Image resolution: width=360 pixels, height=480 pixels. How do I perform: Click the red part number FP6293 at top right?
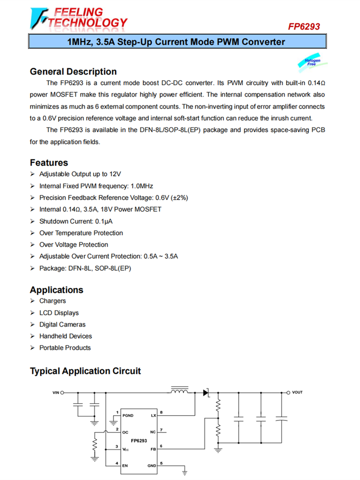[303, 27]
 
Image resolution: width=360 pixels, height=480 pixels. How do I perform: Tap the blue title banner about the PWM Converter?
[176, 42]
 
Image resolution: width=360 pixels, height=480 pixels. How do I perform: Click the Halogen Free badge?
[312, 62]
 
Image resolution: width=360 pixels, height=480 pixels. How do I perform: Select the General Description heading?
[73, 72]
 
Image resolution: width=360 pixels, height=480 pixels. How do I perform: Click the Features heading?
[49, 162]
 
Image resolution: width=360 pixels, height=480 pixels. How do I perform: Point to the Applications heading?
[56, 290]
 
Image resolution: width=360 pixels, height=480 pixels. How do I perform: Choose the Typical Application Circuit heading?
[85, 371]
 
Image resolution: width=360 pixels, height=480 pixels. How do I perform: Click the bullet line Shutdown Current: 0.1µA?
[76, 221]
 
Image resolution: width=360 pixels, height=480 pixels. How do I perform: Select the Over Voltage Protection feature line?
[73, 245]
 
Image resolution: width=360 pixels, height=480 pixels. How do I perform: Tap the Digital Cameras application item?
[62, 324]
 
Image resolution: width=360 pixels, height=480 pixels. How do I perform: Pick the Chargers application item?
[52, 301]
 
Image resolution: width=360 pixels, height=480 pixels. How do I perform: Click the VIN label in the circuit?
[56, 393]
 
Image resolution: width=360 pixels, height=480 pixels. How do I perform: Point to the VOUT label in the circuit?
[297, 393]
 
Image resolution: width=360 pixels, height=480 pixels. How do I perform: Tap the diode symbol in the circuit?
[206, 393]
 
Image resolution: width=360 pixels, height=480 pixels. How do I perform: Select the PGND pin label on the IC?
[128, 415]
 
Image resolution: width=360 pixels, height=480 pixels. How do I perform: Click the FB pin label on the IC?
[153, 449]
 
